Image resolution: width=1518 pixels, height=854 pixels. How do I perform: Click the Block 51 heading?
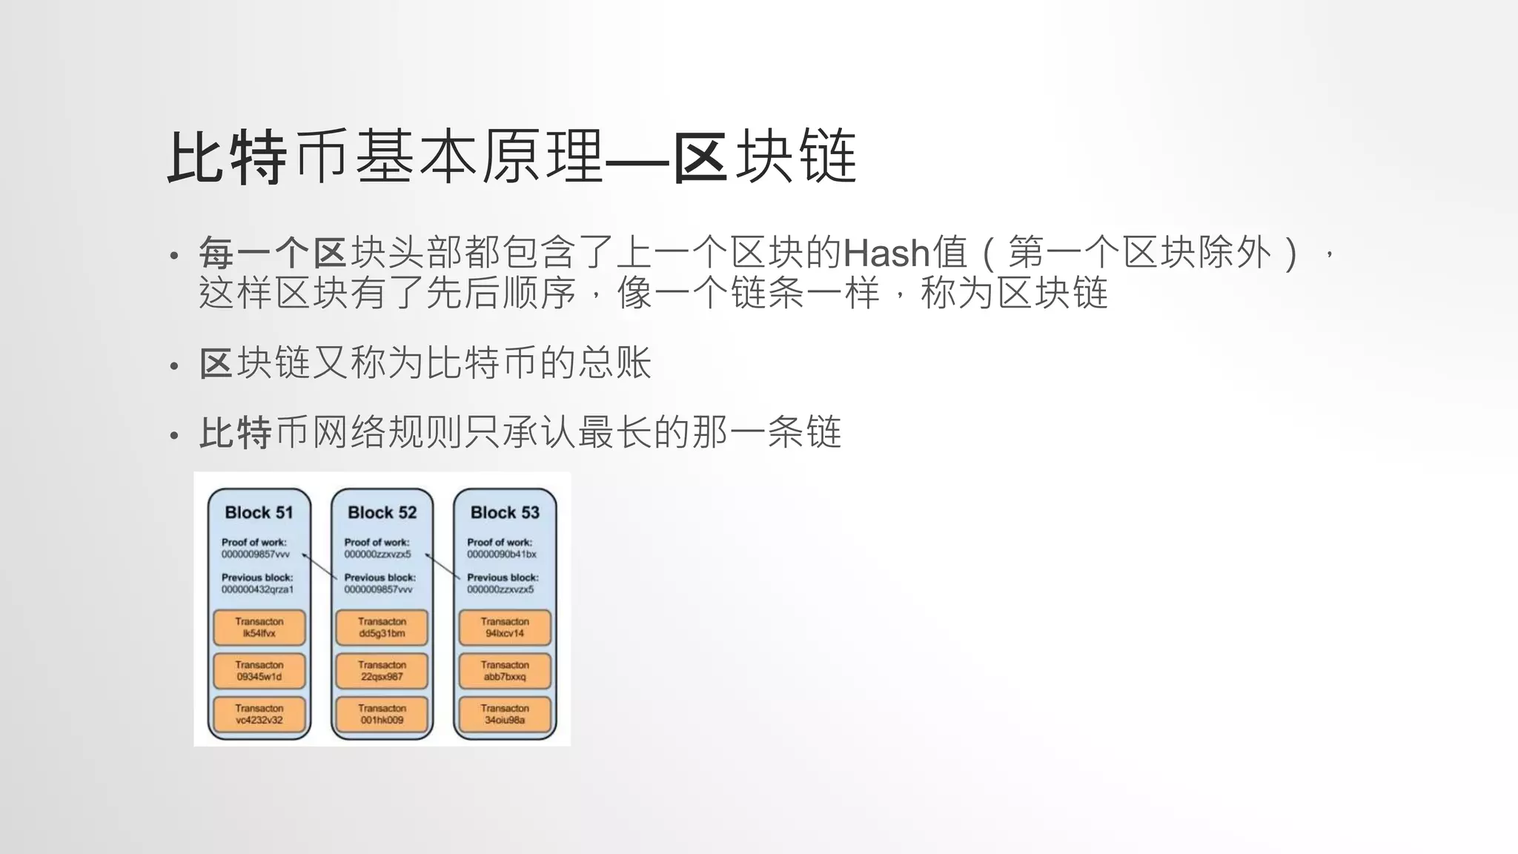point(259,512)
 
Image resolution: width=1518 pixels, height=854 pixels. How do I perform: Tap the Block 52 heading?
point(382,512)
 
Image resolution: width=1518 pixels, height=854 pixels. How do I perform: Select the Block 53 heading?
point(505,512)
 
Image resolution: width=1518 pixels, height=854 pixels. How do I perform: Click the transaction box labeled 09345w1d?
point(259,671)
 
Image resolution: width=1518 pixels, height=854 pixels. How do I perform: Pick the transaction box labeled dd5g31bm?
point(382,628)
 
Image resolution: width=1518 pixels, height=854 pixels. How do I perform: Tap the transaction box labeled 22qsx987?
point(382,671)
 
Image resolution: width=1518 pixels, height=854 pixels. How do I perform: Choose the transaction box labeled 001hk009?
point(382,714)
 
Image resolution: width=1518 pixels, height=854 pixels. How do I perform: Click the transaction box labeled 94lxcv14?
point(505,628)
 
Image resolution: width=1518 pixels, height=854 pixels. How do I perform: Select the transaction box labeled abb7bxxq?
point(505,671)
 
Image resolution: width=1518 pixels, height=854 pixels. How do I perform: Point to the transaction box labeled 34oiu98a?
point(505,714)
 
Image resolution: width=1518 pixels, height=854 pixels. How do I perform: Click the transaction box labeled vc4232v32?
point(259,714)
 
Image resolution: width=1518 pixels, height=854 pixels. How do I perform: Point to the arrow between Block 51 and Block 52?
point(319,566)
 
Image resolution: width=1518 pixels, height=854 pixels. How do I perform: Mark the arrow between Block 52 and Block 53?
point(443,566)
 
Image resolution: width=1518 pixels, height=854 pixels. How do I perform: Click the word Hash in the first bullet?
point(886,254)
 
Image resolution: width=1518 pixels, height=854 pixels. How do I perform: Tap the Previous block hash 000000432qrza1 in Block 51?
point(257,589)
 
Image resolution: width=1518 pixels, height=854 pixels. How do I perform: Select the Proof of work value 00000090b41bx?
point(502,555)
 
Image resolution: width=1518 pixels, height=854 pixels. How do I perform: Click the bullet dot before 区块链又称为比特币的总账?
point(174,366)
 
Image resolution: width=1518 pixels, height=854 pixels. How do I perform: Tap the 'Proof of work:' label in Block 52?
point(377,542)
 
